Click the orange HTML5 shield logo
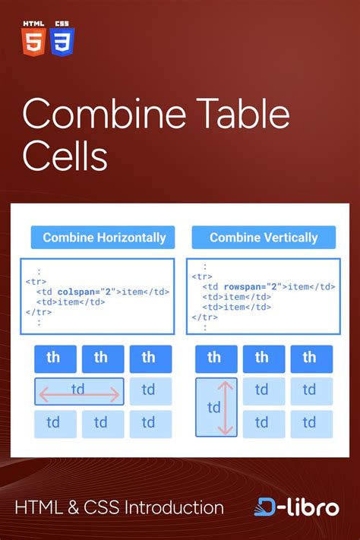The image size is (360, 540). click(33, 41)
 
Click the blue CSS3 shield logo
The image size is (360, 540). click(62, 41)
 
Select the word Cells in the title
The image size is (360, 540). click(65, 157)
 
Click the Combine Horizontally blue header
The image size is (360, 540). click(104, 238)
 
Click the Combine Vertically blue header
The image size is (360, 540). click(263, 238)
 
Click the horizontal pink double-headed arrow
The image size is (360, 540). click(79, 394)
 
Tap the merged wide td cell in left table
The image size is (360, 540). click(79, 390)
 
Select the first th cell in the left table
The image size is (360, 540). click(54, 358)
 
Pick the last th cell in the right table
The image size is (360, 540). click(309, 358)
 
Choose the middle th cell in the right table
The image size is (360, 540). click(262, 358)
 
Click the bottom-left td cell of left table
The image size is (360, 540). click(54, 423)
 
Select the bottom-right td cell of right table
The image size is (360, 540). click(309, 423)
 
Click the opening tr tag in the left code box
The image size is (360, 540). click(36, 281)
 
